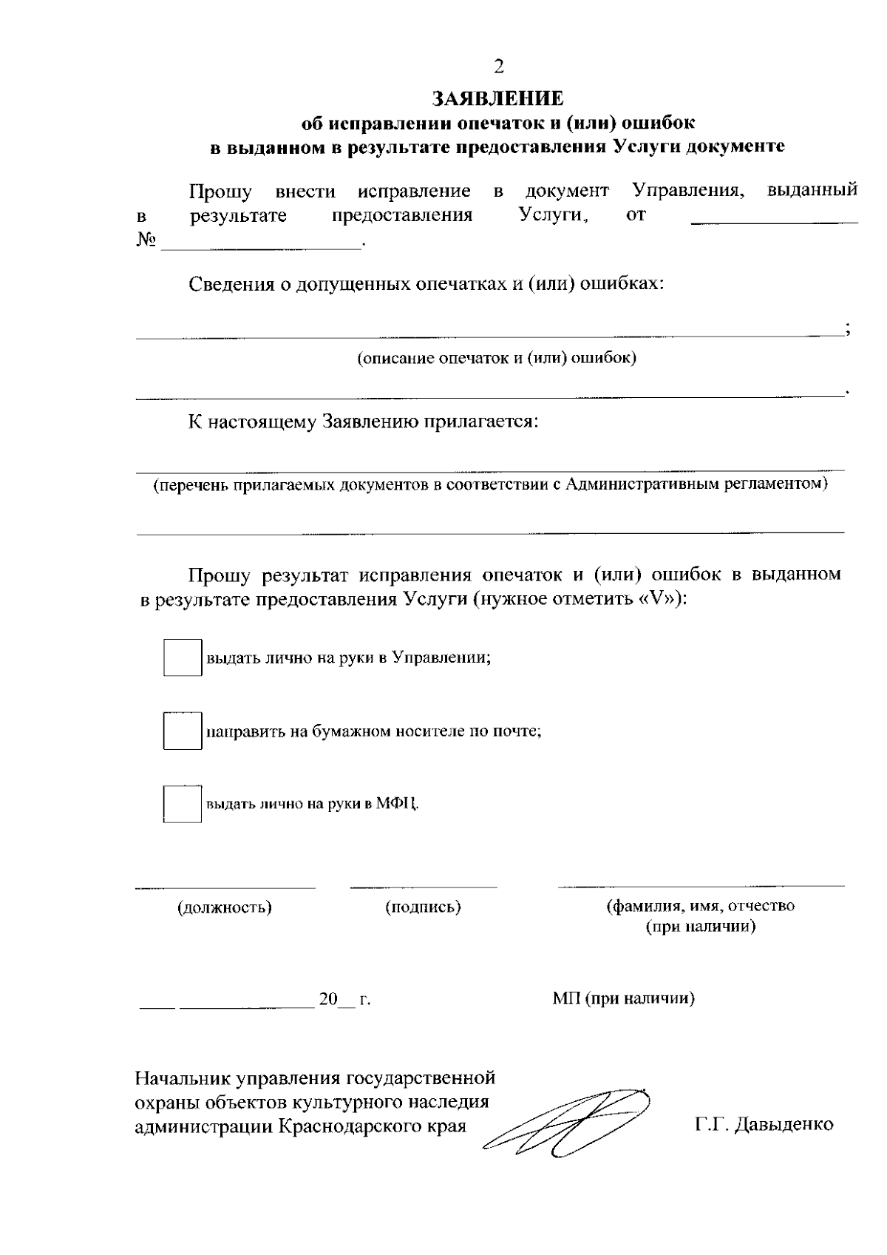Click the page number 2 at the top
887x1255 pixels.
pos(498,67)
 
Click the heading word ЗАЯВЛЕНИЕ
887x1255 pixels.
pos(498,99)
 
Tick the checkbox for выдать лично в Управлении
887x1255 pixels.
pos(182,657)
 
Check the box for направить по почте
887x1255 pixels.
pos(182,731)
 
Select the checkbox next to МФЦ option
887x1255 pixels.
pos(182,804)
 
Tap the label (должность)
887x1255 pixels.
pos(224,907)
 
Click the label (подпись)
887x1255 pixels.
pos(423,907)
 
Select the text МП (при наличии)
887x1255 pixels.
pos(623,999)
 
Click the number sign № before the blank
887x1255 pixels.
pos(146,241)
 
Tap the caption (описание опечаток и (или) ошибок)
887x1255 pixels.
pos(497,359)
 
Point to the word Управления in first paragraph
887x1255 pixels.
pos(687,192)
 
